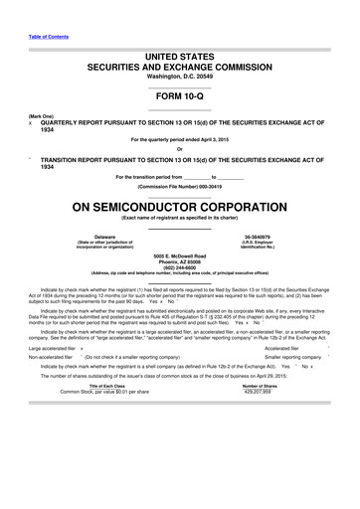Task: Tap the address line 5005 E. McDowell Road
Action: click(180, 254)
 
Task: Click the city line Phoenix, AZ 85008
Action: click(180, 260)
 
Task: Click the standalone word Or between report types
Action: click(180, 150)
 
